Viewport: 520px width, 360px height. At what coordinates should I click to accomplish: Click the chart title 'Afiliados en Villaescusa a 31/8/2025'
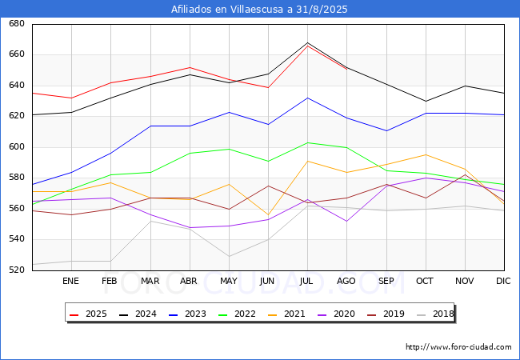[259, 10]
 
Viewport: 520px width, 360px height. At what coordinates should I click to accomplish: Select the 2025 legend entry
[88, 314]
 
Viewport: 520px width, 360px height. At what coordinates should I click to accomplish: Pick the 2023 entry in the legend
[187, 314]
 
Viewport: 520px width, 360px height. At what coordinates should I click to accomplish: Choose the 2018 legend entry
[435, 314]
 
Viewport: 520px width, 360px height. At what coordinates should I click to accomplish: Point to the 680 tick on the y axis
[17, 23]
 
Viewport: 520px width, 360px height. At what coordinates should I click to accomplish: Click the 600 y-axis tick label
[17, 146]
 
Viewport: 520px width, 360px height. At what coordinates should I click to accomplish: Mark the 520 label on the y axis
[17, 270]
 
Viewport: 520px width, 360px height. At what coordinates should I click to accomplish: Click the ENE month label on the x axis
[70, 281]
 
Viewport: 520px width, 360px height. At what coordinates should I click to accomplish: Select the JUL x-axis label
[306, 281]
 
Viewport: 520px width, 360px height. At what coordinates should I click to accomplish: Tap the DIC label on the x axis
[503, 281]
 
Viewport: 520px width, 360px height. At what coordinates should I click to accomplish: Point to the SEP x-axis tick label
[386, 281]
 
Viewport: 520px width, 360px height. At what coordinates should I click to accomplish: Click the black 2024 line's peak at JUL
[308, 42]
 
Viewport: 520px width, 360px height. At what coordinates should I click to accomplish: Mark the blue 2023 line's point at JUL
[308, 98]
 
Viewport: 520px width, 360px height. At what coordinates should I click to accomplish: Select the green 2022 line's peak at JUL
[308, 142]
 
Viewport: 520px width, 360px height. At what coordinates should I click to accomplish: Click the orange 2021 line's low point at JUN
[268, 215]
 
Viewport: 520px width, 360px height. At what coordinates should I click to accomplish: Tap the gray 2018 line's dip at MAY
[229, 256]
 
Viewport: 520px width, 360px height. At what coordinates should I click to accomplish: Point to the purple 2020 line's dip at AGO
[347, 221]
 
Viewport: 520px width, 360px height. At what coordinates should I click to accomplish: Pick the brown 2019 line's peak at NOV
[466, 174]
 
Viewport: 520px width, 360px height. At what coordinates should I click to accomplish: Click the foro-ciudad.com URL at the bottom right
[458, 346]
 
